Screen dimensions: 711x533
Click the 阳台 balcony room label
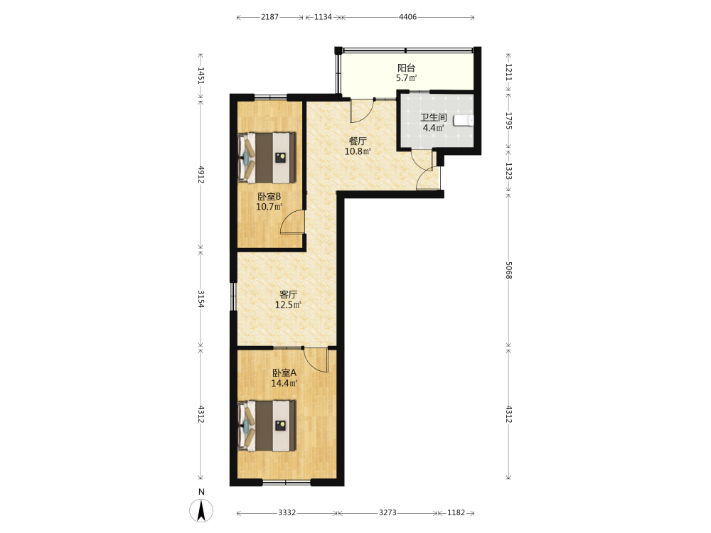click(406, 68)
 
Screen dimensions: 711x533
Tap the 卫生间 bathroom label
click(434, 118)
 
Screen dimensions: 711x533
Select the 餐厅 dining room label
click(358, 141)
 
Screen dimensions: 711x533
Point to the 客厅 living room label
click(289, 295)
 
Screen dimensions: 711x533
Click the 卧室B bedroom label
click(269, 197)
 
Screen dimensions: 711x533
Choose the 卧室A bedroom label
click(284, 373)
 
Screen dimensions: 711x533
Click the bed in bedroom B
click(267, 158)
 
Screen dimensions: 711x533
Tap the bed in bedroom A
click(267, 426)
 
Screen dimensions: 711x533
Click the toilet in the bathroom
click(464, 120)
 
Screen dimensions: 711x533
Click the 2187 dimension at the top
click(269, 17)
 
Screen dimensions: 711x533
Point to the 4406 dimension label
click(407, 17)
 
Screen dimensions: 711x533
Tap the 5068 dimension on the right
click(509, 270)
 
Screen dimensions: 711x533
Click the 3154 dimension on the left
click(201, 299)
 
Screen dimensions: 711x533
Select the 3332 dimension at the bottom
click(287, 512)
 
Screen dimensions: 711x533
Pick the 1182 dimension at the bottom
click(456, 512)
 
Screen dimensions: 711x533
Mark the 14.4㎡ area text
click(284, 384)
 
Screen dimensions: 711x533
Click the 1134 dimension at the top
click(324, 17)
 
